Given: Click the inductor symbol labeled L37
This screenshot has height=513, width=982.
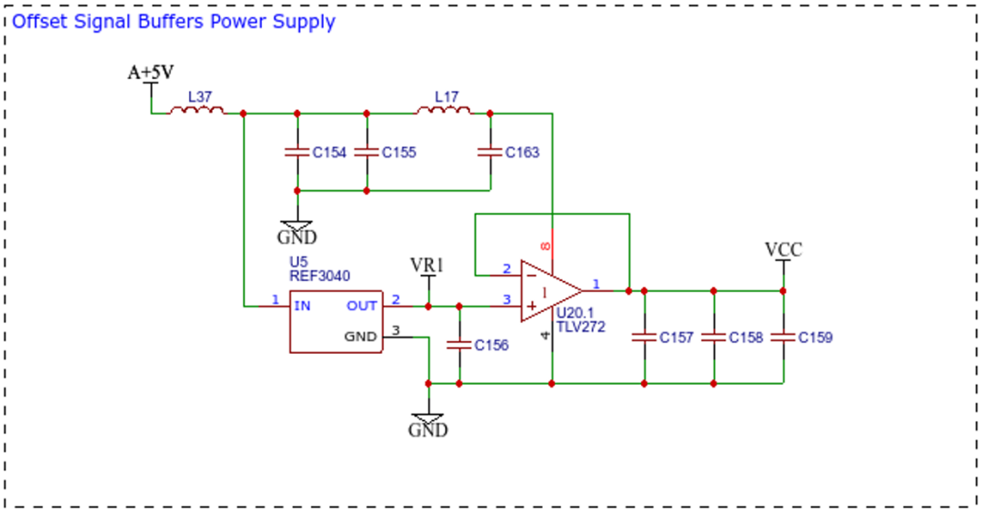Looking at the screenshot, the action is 196,111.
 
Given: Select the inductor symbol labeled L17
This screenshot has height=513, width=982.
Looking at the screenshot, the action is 444,111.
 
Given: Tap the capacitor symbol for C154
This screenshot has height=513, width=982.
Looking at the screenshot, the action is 297,152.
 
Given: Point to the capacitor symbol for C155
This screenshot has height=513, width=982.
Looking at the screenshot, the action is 366,152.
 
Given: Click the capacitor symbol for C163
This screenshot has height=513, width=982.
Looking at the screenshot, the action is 490,152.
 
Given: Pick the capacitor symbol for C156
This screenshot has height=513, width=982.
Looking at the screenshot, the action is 459,345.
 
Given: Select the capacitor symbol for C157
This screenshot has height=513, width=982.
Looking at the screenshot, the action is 645,337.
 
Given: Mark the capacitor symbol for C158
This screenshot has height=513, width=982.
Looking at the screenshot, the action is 714,337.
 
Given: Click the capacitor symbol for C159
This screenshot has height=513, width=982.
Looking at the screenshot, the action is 784,337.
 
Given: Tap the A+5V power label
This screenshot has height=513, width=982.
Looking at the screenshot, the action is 150,73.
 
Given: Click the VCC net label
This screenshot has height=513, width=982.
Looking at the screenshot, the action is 784,250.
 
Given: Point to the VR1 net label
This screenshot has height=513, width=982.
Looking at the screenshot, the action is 427,266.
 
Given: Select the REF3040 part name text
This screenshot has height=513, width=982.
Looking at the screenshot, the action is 319,277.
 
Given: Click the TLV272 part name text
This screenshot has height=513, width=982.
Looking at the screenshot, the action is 580,327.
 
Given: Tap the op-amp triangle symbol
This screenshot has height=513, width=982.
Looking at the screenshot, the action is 551,291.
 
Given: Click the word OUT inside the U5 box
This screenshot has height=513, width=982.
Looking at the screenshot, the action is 362,306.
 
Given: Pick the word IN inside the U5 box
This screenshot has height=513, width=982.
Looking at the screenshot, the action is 303,306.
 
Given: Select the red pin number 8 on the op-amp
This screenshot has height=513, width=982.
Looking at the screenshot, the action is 546,246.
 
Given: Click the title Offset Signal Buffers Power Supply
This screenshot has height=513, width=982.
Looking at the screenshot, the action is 174,21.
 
